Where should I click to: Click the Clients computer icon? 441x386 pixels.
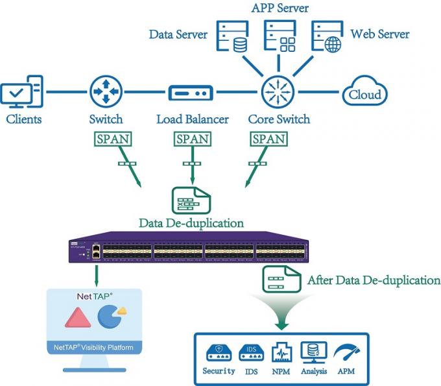pos(23,93)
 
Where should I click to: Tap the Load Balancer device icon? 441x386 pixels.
pos(191,93)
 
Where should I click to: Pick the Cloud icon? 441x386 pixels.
pos(364,93)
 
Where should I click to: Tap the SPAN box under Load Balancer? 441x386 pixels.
pos(191,139)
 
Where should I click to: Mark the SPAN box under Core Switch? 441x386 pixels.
pos(268,139)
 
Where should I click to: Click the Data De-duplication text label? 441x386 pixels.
pos(191,223)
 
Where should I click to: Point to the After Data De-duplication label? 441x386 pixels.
pos(374,281)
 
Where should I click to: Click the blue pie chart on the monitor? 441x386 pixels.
pos(110,316)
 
